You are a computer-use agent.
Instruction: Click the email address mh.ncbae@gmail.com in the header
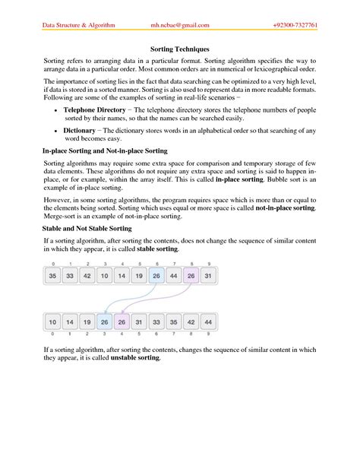pos(179,24)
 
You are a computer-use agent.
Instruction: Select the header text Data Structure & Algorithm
pos(78,24)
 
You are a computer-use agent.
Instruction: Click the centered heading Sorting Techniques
pos(179,47)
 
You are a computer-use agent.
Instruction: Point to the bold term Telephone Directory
pos(95,109)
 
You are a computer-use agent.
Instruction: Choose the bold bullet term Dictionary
pos(78,130)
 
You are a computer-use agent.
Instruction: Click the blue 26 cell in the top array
pos(156,277)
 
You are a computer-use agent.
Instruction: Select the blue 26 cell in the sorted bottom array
pos(103,322)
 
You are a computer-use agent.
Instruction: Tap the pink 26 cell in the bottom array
pos(121,322)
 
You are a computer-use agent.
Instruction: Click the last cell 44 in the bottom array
pos(210,322)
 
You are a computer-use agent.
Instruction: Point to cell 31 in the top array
pos(210,277)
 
